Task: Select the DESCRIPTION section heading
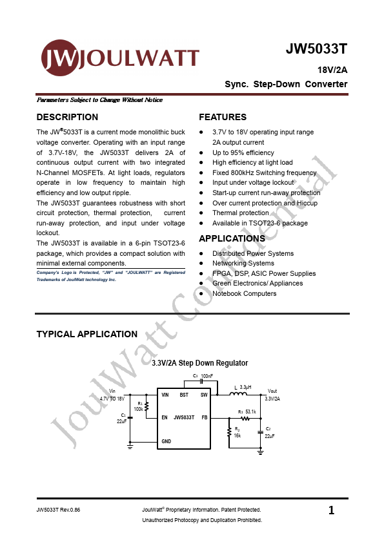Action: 67,117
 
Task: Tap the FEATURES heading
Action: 223,117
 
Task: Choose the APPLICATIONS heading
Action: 232,238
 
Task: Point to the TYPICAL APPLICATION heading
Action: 86,334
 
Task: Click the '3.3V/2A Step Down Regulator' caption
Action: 199,363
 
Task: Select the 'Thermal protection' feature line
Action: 240,213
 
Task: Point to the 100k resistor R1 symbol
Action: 147,406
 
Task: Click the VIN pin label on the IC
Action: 165,394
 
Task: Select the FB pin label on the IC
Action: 204,417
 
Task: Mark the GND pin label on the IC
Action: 166,441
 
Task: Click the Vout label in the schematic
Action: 272,391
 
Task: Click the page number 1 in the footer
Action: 331,510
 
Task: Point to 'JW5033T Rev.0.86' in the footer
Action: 59,510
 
